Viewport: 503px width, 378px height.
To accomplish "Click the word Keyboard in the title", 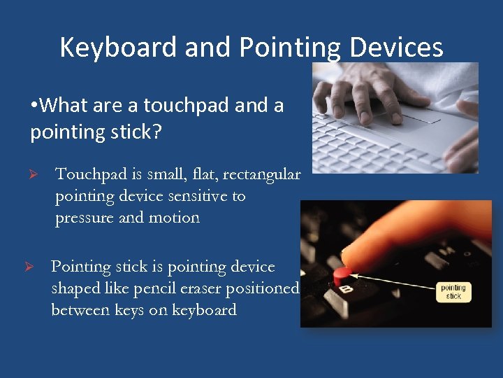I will click(118, 48).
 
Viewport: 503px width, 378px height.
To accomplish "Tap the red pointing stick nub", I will click(342, 274).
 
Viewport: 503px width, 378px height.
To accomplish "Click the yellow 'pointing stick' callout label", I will click(453, 292).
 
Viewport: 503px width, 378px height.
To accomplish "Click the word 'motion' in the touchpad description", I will click(174, 218).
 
